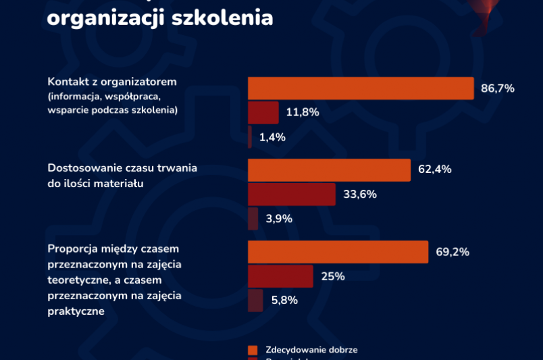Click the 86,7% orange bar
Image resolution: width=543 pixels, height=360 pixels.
[361, 88]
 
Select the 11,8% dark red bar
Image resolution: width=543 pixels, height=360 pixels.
[263, 112]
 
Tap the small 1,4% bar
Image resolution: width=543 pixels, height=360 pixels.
[250, 136]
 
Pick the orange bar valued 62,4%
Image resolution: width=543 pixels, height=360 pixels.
[329, 170]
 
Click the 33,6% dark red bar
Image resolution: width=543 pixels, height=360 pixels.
[292, 195]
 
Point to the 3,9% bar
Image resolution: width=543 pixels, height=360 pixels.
[253, 218]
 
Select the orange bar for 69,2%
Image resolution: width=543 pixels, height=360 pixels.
[338, 252]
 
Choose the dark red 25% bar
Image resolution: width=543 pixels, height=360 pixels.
[280, 276]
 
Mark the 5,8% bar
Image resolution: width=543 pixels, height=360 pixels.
[255, 301]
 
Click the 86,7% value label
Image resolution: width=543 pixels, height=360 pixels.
[498, 88]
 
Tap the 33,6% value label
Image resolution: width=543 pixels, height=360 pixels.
[359, 195]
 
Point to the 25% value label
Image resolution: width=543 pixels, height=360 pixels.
[333, 276]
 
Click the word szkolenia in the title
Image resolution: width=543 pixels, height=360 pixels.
[222, 16]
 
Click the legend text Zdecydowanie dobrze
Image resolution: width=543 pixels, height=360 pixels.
[311, 350]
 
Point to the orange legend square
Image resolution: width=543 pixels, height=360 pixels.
[253, 350]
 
